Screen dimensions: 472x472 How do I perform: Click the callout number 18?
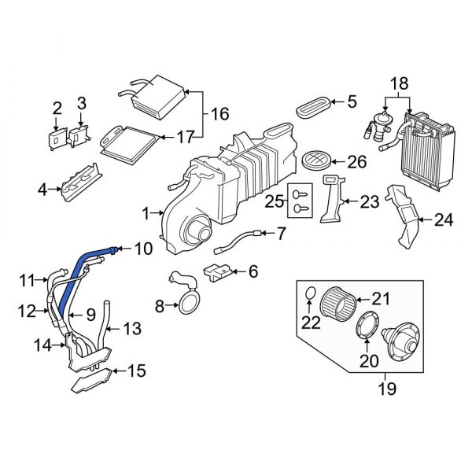pyautogui.click(x=399, y=83)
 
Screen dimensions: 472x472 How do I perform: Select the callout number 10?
pyautogui.click(x=142, y=249)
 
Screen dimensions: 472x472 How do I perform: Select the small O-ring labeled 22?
pyautogui.click(x=309, y=295)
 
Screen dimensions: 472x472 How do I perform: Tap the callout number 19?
pyautogui.click(x=386, y=389)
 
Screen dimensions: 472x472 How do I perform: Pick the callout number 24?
pyautogui.click(x=444, y=219)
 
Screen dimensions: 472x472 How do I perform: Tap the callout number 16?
pyautogui.click(x=219, y=115)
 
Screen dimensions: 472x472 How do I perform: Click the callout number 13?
pyautogui.click(x=132, y=328)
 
